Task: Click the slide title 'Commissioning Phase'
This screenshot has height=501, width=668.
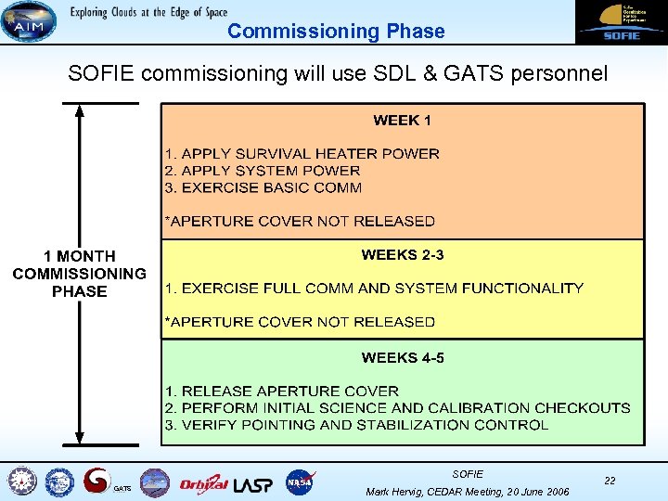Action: pyautogui.click(x=336, y=31)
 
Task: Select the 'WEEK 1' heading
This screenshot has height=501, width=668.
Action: pyautogui.click(x=402, y=120)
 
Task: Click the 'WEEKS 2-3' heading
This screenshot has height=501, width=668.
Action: pyautogui.click(x=402, y=254)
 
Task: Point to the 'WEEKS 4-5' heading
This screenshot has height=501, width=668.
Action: pyautogui.click(x=402, y=357)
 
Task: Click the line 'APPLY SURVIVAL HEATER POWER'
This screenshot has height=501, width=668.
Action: pyautogui.click(x=302, y=153)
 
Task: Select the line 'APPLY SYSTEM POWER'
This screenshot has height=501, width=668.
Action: pyautogui.click(x=263, y=170)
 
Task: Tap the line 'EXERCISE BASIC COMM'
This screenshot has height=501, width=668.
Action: pyautogui.click(x=263, y=186)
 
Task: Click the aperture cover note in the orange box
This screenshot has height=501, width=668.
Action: pyautogui.click(x=300, y=221)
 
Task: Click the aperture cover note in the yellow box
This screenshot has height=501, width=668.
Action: pyautogui.click(x=300, y=322)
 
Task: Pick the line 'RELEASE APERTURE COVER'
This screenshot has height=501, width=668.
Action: pyautogui.click(x=282, y=391)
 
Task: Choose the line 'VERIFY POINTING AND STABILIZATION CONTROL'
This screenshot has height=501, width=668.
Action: pyautogui.click(x=356, y=425)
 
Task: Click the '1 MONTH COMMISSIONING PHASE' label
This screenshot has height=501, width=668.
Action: pyautogui.click(x=79, y=274)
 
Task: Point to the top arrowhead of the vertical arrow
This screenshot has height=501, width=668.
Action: pyautogui.click(x=80, y=110)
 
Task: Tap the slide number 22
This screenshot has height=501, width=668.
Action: pyautogui.click(x=610, y=481)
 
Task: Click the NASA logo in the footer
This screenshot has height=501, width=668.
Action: pyautogui.click(x=301, y=482)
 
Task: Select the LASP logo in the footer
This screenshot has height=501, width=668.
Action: pyautogui.click(x=253, y=482)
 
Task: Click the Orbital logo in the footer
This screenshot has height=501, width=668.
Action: pyautogui.click(x=203, y=482)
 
